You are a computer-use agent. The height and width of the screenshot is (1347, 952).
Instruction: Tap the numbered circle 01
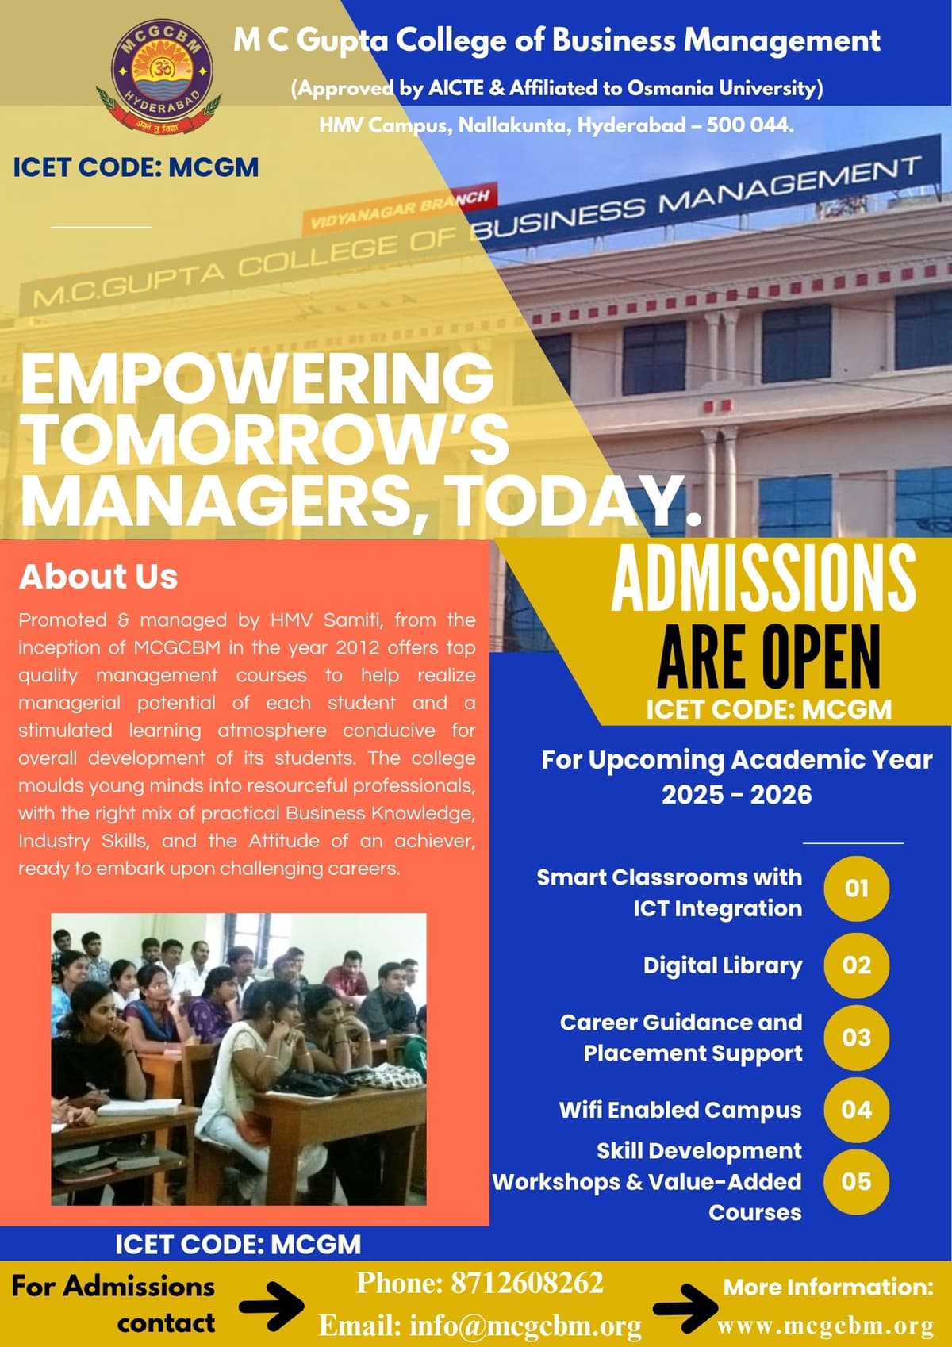856,888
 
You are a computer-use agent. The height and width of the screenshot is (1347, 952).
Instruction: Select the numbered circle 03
856,1038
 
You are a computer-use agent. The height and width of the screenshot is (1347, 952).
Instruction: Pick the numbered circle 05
856,1181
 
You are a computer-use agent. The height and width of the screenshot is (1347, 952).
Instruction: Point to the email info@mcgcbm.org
480,1326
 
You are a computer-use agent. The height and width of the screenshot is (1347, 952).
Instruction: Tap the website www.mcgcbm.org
825,1326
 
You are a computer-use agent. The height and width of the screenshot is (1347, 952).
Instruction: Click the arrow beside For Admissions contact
271,1305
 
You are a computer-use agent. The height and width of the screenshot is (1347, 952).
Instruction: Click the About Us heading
98,577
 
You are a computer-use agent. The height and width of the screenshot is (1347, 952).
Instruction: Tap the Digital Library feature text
722,965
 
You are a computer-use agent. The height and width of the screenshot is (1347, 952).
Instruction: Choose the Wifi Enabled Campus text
680,1110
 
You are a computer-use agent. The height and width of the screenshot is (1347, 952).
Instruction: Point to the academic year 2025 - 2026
736,795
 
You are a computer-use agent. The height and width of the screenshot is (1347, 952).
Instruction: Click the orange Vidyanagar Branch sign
399,207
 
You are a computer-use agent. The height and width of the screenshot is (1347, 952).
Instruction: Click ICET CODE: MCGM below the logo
136,167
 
